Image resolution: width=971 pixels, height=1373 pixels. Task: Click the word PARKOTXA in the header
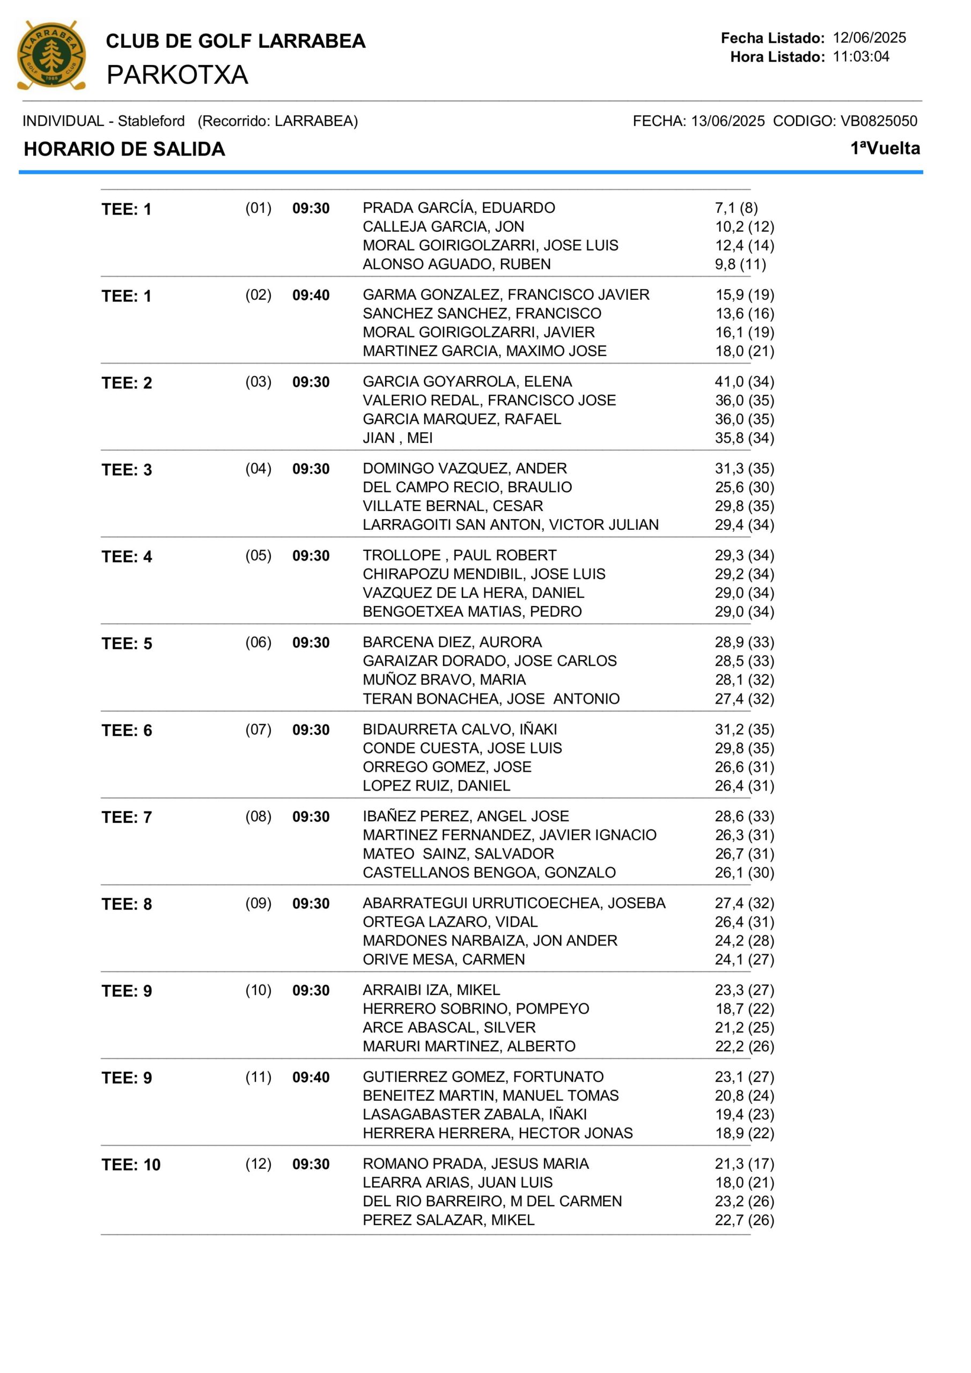point(177,75)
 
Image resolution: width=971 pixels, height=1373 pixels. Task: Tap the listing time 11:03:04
point(861,57)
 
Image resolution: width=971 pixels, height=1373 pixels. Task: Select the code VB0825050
point(878,121)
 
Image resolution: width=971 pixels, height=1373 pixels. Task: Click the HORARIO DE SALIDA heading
point(124,149)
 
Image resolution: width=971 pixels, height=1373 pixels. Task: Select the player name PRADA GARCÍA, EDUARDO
point(458,208)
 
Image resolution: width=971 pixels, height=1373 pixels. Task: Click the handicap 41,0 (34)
point(744,381)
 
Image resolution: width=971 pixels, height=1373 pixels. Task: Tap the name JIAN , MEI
point(398,438)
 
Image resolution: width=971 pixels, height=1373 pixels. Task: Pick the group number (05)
point(259,556)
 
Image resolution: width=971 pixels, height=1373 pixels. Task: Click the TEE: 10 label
point(131,1165)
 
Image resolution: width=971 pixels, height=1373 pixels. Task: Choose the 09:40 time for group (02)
point(311,296)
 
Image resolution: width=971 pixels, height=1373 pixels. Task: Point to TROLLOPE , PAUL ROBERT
point(459,556)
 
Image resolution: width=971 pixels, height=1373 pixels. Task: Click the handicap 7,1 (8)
point(736,208)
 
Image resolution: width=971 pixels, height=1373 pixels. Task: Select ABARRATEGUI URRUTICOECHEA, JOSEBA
point(513,903)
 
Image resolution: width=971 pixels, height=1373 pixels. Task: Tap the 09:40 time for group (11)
point(311,1077)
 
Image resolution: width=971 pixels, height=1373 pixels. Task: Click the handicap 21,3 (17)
point(744,1164)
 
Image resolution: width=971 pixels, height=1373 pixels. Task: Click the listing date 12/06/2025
point(869,38)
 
